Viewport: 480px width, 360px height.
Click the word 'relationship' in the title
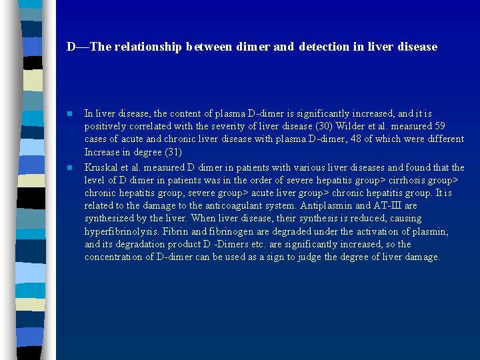150,47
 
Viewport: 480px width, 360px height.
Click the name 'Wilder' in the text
346,127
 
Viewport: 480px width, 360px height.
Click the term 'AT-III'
383,206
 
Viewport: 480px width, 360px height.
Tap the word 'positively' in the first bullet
105,127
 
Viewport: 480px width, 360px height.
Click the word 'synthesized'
110,219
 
